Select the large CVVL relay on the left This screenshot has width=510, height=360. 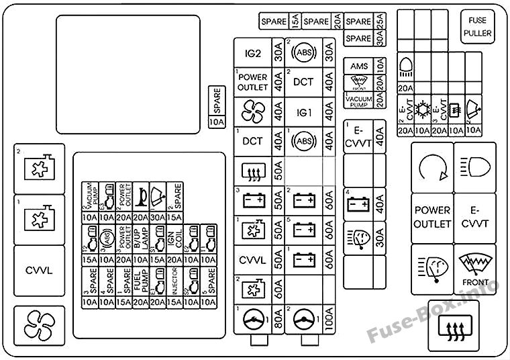pyautogui.click(x=38, y=271)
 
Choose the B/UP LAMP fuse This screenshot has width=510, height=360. pyautogui.click(x=142, y=239)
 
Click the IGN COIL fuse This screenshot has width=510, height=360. pyautogui.click(x=174, y=239)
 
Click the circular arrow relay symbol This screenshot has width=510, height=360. pyautogui.click(x=431, y=165)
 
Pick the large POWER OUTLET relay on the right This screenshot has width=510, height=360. pyautogui.click(x=431, y=216)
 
